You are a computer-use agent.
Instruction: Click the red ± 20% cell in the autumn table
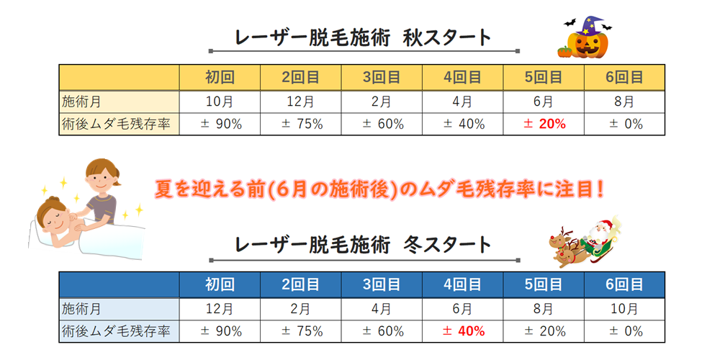pyautogui.click(x=544, y=124)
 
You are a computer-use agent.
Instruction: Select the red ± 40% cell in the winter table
pyautogui.click(x=463, y=331)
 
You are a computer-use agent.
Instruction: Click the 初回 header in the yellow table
pyautogui.click(x=220, y=77)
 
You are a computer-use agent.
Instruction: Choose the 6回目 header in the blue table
pyautogui.click(x=624, y=284)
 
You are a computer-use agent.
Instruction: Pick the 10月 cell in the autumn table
pyautogui.click(x=220, y=102)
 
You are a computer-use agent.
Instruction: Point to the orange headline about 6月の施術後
pyautogui.click(x=380, y=189)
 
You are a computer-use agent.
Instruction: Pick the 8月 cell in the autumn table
pyautogui.click(x=624, y=102)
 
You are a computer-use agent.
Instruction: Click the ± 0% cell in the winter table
pyautogui.click(x=624, y=331)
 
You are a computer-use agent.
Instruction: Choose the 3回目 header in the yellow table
pyautogui.click(x=382, y=77)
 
